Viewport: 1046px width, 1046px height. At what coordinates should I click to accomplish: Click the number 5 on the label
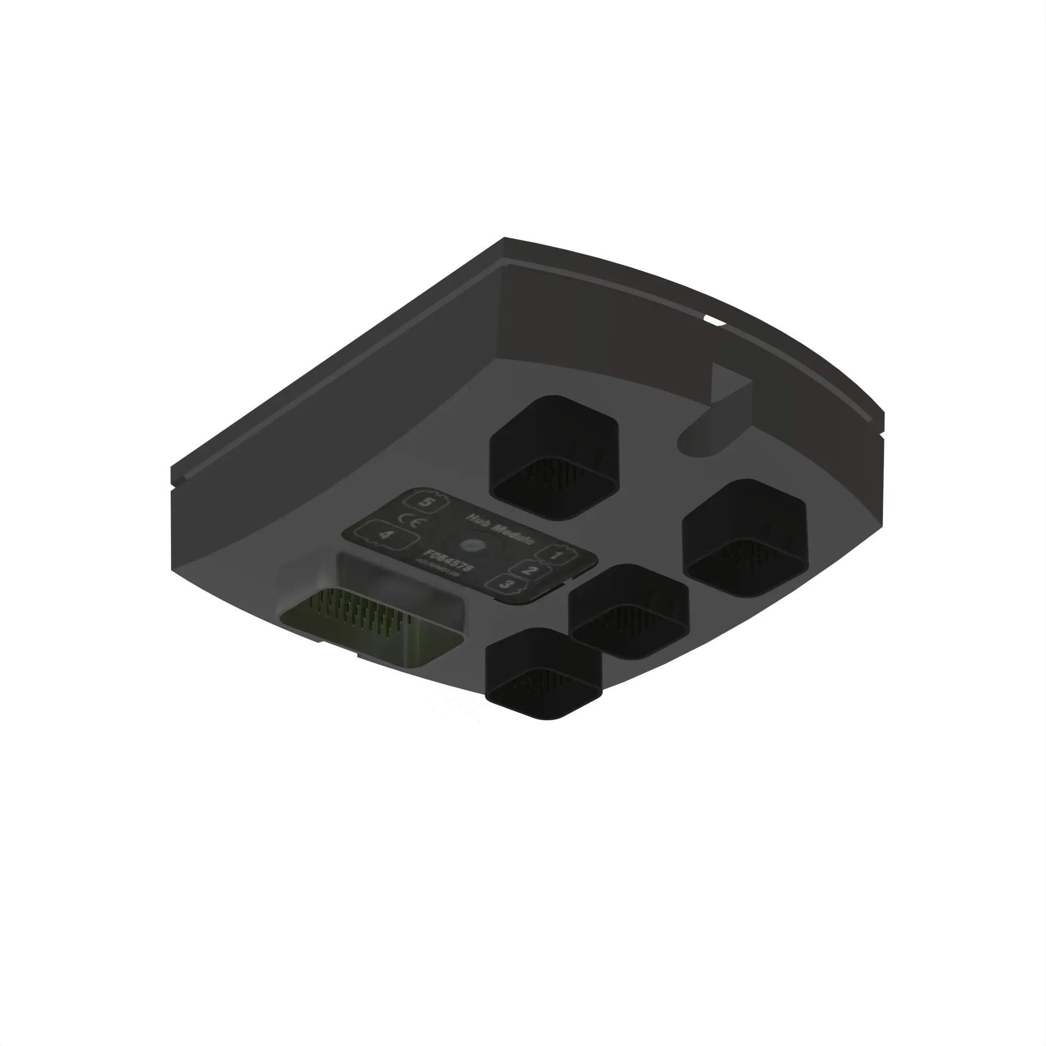[427, 502]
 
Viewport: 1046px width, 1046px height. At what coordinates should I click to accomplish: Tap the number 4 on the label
[385, 535]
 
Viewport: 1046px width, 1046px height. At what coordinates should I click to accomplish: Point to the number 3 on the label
[507, 584]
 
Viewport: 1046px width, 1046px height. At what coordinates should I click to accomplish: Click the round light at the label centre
[475, 545]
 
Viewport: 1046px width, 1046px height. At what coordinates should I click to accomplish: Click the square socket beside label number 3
[629, 612]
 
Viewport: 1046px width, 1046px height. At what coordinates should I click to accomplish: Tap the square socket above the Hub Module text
[553, 457]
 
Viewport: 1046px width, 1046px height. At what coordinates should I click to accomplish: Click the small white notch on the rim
[714, 322]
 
